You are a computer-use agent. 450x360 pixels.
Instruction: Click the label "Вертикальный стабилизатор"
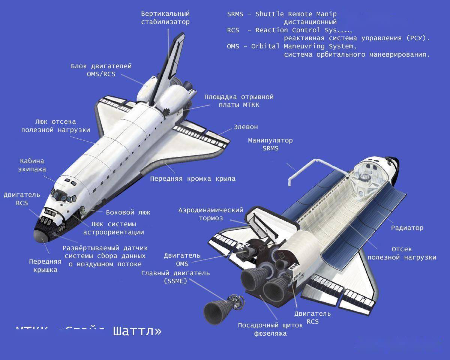coord(165,18)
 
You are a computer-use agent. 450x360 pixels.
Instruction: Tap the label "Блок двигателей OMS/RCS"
coord(101,70)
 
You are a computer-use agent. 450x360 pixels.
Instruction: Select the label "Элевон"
coord(246,127)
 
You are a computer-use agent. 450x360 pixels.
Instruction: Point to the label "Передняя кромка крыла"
coord(193,178)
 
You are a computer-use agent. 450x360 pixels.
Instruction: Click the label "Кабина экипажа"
coord(32,165)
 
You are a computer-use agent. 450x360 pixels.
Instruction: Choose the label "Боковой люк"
coord(128,212)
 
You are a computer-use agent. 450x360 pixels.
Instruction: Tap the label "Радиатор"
coord(407,228)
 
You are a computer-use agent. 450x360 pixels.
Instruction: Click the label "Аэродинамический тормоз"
coord(211,214)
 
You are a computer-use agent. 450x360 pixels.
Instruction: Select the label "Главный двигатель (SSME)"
coord(175,277)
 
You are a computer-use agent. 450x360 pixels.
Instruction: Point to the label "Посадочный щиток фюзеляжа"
coord(270,329)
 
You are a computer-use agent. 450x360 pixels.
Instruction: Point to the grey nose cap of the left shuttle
coord(40,236)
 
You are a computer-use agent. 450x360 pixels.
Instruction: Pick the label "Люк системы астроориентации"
coord(114,228)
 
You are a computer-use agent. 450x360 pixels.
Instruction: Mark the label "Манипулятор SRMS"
coord(270,144)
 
